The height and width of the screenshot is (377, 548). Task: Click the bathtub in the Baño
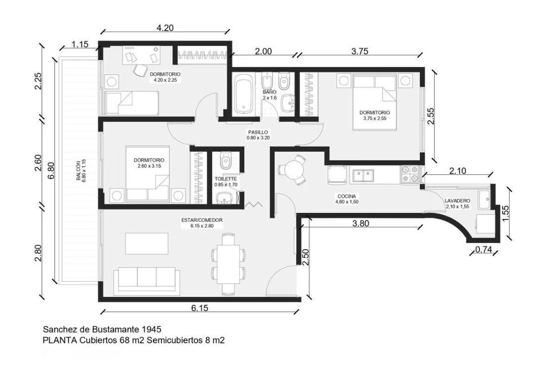[x=243, y=93]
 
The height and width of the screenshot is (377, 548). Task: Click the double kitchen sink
[x=362, y=175]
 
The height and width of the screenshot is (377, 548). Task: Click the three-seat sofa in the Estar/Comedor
[x=147, y=279]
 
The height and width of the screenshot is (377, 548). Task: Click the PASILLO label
[x=257, y=132]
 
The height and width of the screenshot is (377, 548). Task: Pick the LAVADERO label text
[x=457, y=201]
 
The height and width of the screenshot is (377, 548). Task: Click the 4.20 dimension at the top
[x=164, y=28]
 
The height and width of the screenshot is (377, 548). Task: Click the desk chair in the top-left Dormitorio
[x=140, y=70]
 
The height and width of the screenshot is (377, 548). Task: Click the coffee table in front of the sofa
[x=147, y=243]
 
